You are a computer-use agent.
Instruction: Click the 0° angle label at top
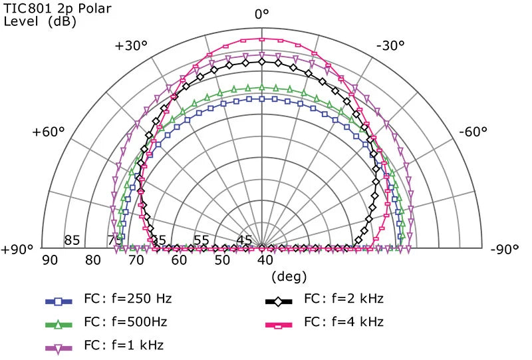tap(262, 14)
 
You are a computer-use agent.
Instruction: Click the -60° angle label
tap(475, 132)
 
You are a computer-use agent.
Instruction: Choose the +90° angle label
tap(17, 250)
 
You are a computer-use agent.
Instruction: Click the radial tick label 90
tap(50, 259)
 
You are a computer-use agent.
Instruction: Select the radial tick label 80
tap(93, 259)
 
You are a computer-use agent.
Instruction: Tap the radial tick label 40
tap(265, 259)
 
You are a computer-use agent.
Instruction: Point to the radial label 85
tap(72, 240)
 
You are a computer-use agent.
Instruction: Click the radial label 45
tap(244, 240)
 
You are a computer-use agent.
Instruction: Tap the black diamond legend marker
tap(277, 297)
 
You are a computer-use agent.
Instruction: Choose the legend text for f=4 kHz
tap(343, 322)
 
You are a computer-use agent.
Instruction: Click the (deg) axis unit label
tap(289, 275)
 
